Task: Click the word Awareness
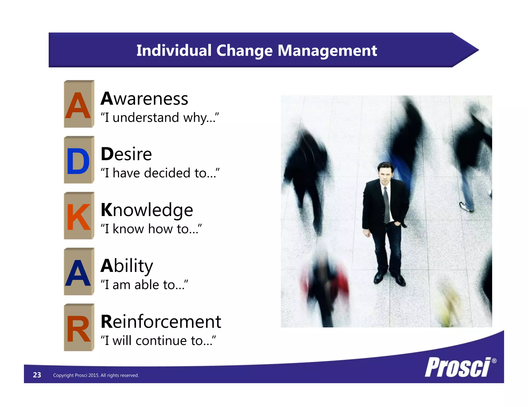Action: click(x=144, y=99)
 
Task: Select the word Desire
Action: click(x=126, y=154)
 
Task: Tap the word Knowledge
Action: click(x=147, y=210)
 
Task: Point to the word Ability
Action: click(x=127, y=266)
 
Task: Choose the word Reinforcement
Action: click(x=161, y=322)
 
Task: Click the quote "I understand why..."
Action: click(x=160, y=118)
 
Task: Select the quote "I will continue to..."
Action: click(x=158, y=341)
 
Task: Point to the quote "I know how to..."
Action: click(x=151, y=229)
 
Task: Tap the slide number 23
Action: click(x=37, y=375)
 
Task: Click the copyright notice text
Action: click(x=96, y=375)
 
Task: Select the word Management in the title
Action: click(x=327, y=50)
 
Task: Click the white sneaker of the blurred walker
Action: click(x=466, y=207)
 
